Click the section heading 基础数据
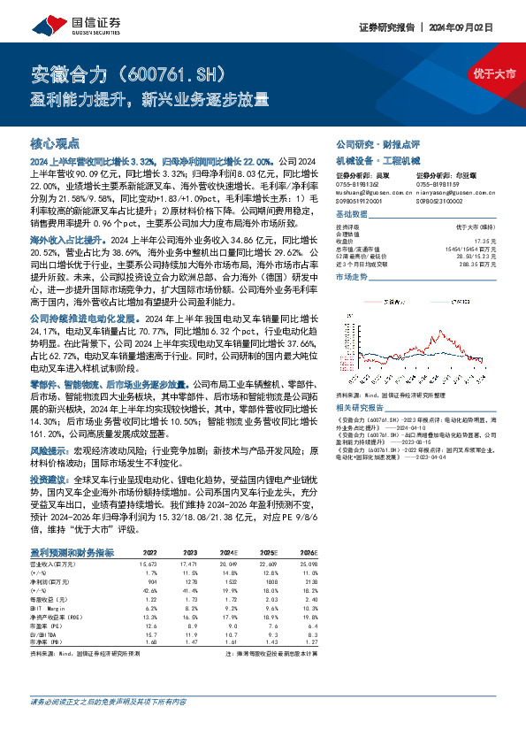352,216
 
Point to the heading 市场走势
352,278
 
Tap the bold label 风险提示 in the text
50,449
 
